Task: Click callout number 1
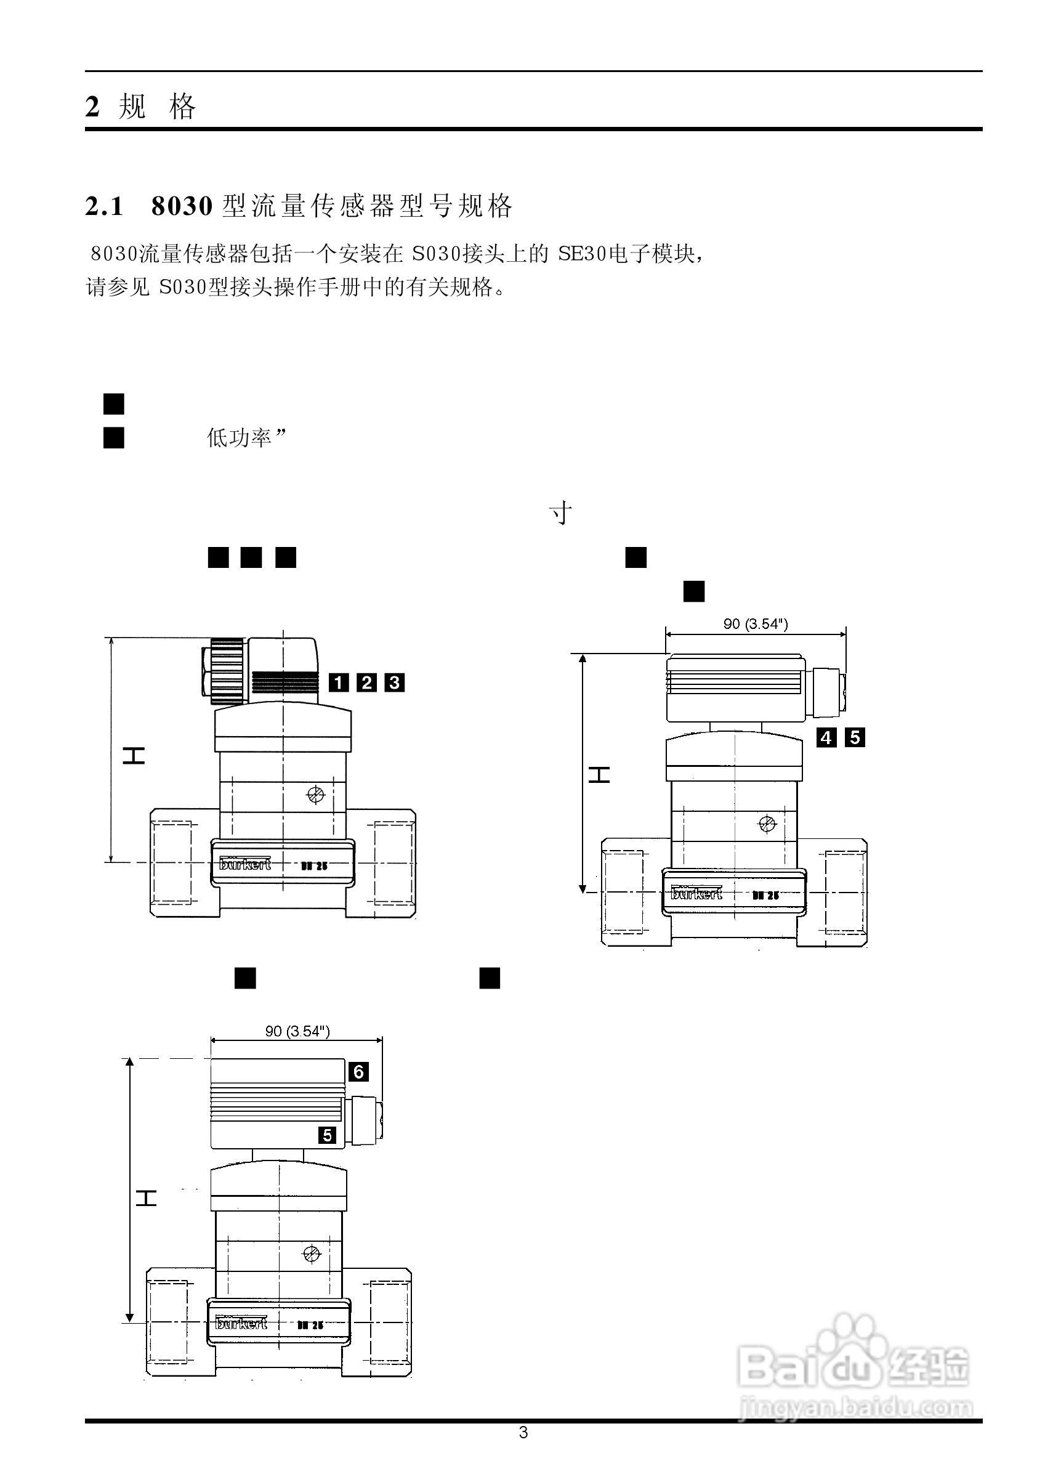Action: (339, 683)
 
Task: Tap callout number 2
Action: (366, 683)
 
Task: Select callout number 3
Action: (395, 683)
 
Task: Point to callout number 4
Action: (827, 738)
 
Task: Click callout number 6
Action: (358, 1071)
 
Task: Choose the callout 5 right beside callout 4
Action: (855, 738)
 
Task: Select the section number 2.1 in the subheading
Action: (104, 206)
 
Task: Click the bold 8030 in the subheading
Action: (181, 206)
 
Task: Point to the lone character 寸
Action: (560, 513)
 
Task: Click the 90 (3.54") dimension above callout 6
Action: (297, 1031)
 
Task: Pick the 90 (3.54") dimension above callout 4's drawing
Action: (756, 624)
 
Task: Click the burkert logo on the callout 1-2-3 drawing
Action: (245, 864)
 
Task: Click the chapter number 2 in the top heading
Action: (92, 106)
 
